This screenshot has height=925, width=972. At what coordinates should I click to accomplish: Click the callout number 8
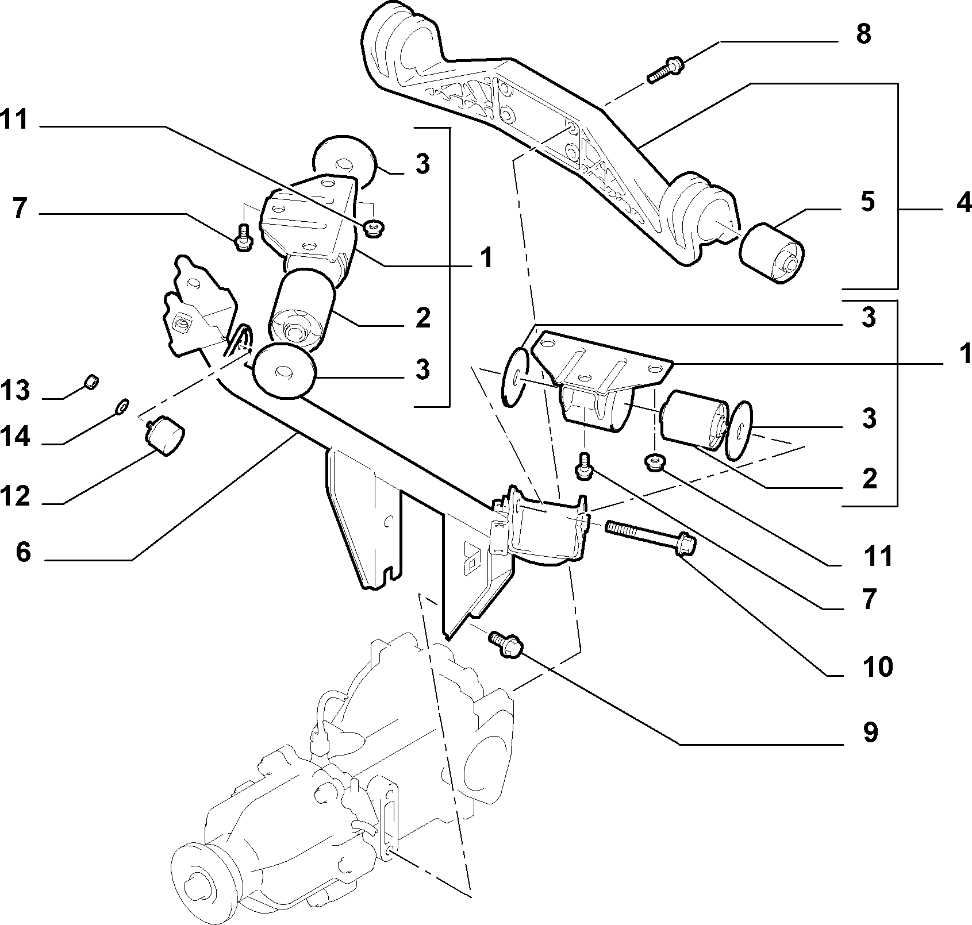(863, 34)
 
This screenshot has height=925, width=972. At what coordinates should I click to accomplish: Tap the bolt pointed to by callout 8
(666, 69)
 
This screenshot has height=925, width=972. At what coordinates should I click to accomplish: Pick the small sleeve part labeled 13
(91, 381)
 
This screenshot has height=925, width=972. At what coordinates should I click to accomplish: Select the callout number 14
(15, 437)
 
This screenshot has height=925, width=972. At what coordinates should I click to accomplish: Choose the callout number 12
(15, 496)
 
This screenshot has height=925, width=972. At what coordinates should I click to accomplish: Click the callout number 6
(22, 553)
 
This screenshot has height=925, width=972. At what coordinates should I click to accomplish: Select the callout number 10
(877, 666)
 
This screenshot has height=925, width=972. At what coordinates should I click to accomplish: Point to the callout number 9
(870, 733)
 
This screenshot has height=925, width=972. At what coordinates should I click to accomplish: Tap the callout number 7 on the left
(20, 209)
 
